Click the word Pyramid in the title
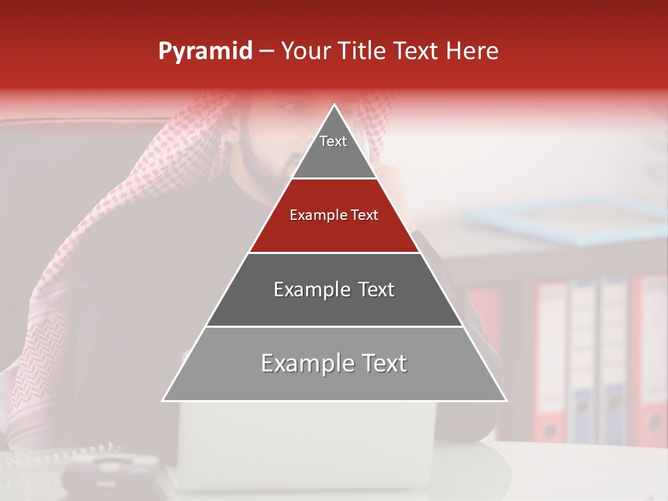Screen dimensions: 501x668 [205, 51]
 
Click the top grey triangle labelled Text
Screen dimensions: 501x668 [333, 150]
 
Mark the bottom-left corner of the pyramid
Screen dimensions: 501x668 [164, 400]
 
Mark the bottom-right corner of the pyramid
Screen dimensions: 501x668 [505, 400]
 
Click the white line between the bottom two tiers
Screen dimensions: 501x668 [334, 326]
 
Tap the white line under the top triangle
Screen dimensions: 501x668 [334, 179]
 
